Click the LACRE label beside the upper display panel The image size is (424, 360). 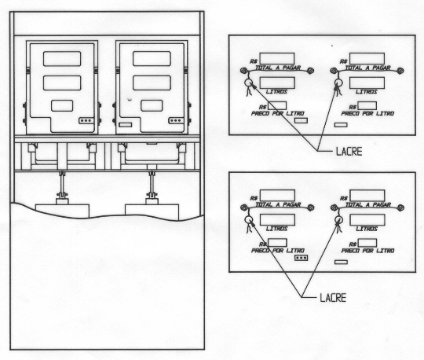coord(349,151)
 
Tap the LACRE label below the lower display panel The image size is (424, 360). coord(333,298)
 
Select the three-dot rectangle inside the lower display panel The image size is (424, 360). coord(301,258)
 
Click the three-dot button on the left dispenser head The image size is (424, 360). coord(86,121)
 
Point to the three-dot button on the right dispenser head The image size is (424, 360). coord(176,121)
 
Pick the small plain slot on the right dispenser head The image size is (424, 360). coord(126,125)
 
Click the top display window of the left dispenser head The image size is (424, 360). coord(62,59)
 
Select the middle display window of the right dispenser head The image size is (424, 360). coord(152,83)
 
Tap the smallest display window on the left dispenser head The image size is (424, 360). coord(62,105)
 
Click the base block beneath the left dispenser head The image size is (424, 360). coord(62,211)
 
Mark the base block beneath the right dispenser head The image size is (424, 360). coord(152,212)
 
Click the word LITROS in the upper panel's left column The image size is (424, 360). coord(276,91)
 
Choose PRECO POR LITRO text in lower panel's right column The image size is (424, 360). coord(367,251)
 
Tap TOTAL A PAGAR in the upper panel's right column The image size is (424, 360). coord(367,68)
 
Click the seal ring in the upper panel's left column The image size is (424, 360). coord(248,83)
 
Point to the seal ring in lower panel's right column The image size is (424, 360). coord(338,219)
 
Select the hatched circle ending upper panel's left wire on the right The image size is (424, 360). coord(310,71)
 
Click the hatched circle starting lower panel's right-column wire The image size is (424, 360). coord(334,208)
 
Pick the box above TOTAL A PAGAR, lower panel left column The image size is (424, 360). coord(277,196)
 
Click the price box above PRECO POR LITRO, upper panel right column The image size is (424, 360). coord(367,106)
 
